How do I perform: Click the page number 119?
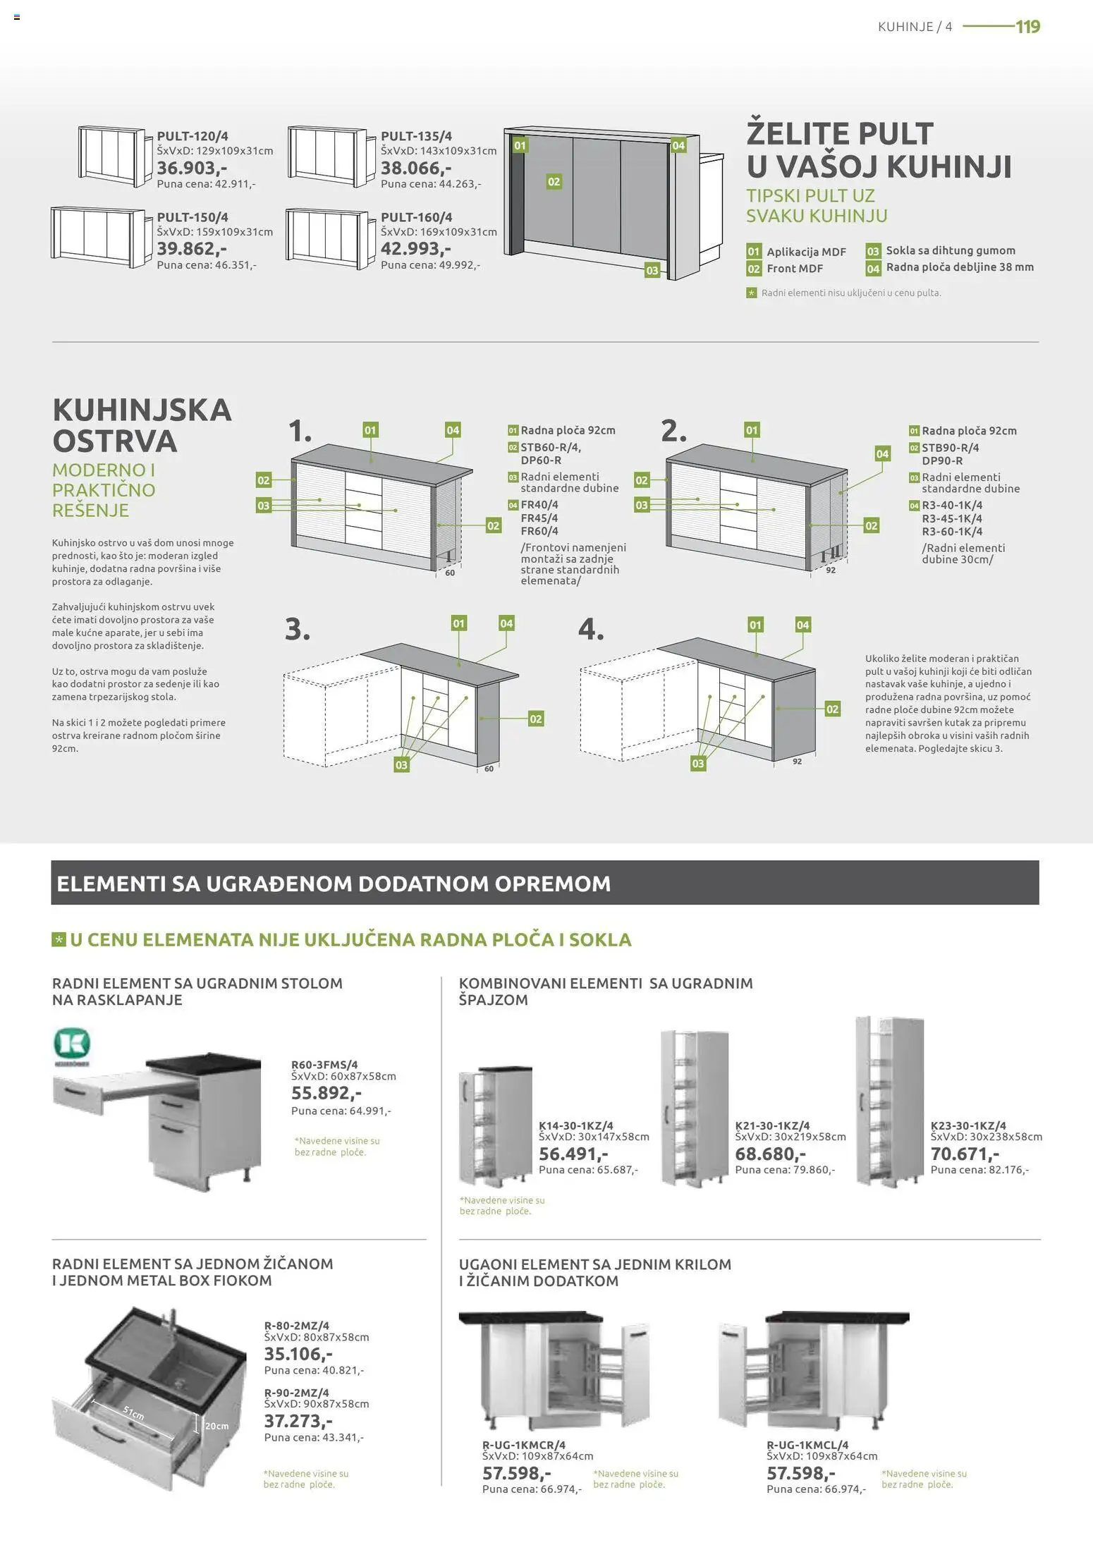pos(1027,27)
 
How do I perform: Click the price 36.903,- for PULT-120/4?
pos(191,169)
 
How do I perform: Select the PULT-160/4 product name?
pos(416,217)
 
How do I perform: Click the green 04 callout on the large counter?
pos(678,145)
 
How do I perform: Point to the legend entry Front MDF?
pos(794,269)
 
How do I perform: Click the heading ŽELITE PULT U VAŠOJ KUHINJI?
pos(878,150)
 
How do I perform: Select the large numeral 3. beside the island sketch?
pos(298,629)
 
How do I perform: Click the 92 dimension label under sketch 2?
pos(830,570)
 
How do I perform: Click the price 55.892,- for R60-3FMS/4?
pos(326,1094)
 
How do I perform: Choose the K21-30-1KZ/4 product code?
pos(772,1126)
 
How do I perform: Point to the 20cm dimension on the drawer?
pos(216,1426)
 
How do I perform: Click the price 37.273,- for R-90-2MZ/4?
pos(298,1421)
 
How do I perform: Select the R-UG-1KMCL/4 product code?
pos(807,1445)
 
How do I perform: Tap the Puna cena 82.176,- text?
pos(979,1170)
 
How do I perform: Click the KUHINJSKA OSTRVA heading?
pos(142,425)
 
